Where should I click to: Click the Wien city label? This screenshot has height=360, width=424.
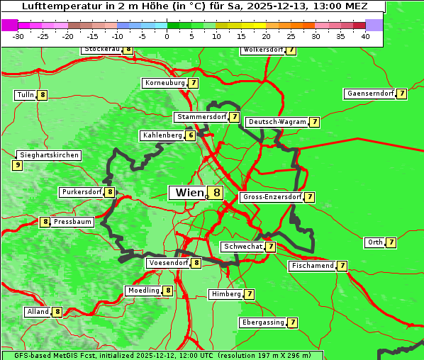click(x=189, y=193)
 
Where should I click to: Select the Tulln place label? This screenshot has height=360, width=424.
click(x=26, y=95)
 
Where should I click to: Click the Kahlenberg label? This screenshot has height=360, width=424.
click(x=162, y=135)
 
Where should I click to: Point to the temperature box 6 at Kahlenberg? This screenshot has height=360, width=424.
click(x=191, y=135)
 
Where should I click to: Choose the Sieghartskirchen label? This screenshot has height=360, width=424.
click(x=49, y=155)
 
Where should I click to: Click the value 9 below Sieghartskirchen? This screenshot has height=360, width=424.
click(x=17, y=165)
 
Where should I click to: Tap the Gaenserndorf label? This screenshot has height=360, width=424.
click(x=369, y=94)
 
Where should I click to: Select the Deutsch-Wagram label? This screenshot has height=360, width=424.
click(x=277, y=122)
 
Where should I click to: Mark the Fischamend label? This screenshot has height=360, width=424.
click(x=312, y=266)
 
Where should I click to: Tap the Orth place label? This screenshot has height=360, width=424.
click(x=375, y=242)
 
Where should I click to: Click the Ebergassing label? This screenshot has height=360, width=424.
click(x=262, y=322)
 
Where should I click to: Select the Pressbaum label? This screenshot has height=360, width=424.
click(x=72, y=222)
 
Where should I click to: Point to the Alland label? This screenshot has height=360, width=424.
click(x=38, y=312)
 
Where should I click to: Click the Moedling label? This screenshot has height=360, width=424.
click(x=143, y=291)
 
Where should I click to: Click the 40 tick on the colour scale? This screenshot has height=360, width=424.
click(x=365, y=35)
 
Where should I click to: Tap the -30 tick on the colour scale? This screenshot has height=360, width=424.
click(x=18, y=35)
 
